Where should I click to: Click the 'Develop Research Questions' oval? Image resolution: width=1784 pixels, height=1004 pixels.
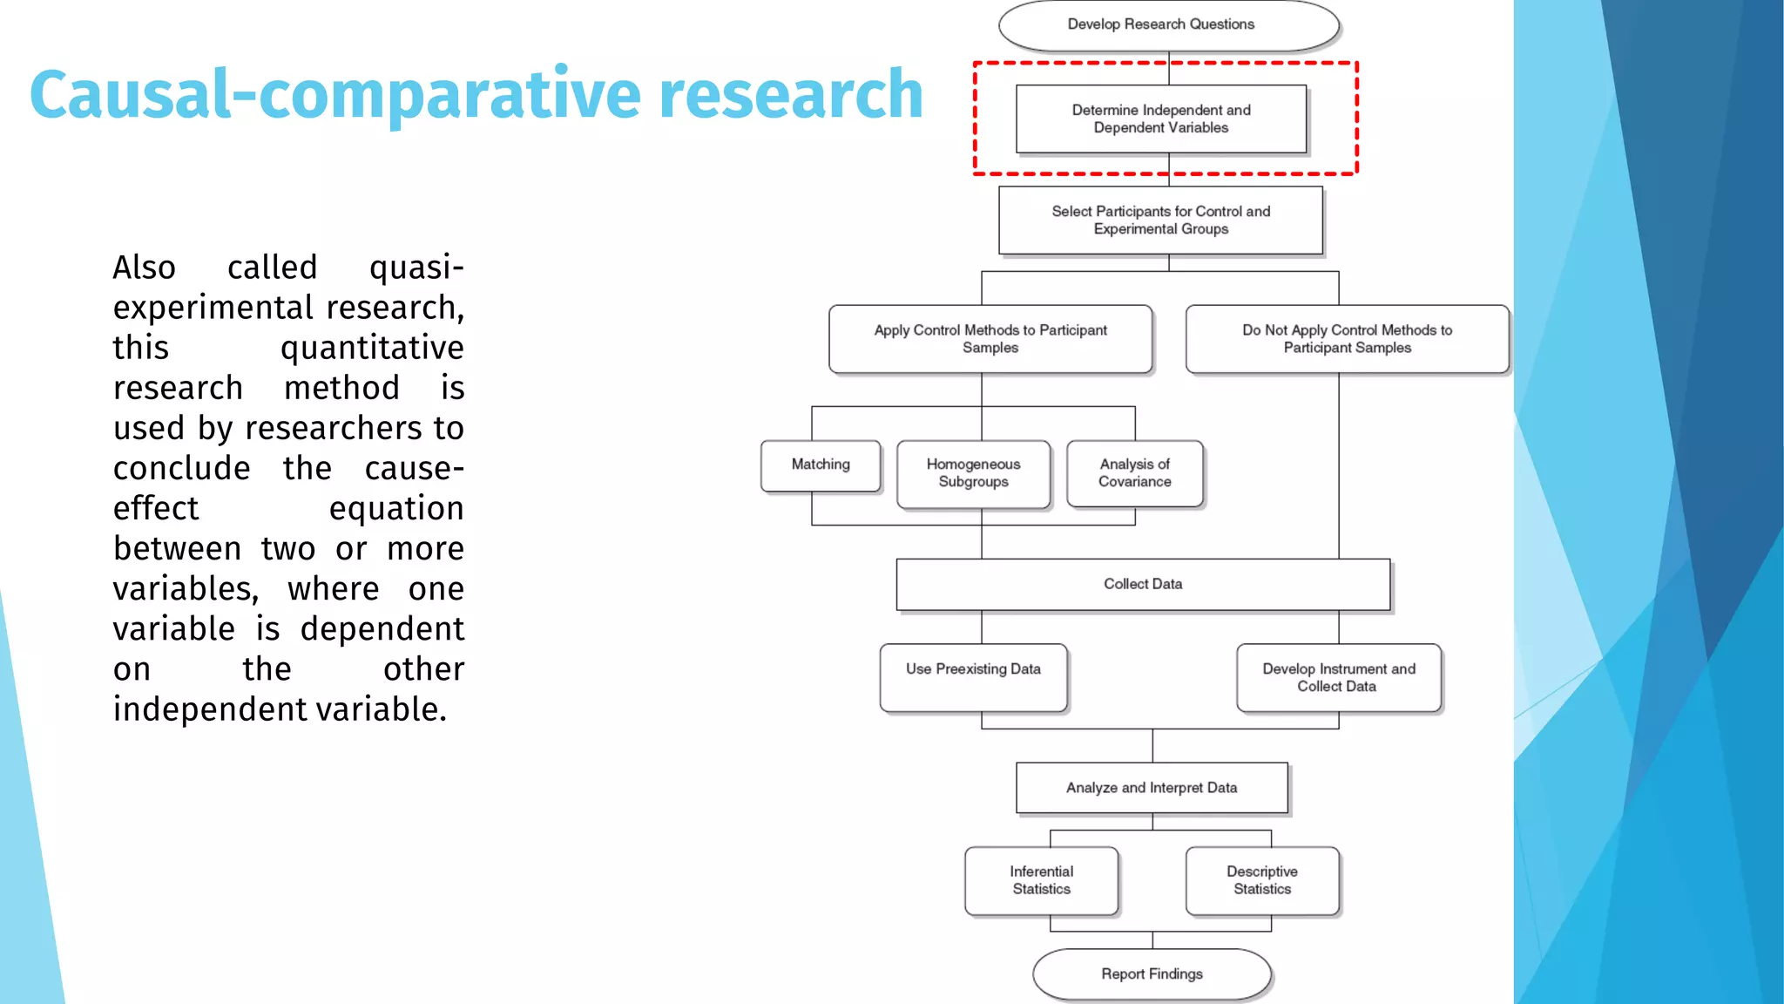1168,25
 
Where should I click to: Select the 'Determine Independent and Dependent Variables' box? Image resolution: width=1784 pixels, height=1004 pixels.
1161,119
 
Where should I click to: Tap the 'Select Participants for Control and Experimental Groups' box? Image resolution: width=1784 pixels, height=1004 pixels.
1160,220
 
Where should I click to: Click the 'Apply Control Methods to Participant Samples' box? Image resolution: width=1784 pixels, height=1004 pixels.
990,339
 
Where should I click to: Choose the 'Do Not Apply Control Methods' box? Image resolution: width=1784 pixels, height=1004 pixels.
1347,339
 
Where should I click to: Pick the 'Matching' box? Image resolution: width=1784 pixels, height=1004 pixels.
821,465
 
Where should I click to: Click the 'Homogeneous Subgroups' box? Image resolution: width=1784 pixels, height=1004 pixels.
973,473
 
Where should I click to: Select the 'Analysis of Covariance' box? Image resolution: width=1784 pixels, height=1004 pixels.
1134,473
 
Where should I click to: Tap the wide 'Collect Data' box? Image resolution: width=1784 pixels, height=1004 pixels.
1143,584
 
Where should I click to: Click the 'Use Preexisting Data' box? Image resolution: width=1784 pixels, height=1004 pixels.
973,677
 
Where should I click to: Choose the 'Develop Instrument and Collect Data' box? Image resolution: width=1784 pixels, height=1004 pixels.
1338,677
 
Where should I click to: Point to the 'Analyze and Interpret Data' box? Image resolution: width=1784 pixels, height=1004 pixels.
1152,788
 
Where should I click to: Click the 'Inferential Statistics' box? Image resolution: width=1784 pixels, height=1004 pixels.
1041,880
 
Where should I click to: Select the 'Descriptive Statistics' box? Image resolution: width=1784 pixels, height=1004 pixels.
1261,880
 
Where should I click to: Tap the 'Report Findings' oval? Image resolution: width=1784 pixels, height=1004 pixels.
1152,974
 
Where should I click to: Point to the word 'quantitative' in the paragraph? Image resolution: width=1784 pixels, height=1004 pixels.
372,348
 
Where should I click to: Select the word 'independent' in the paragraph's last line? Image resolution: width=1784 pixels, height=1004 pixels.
210,709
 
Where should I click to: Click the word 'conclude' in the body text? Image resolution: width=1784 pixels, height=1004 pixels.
182,469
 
